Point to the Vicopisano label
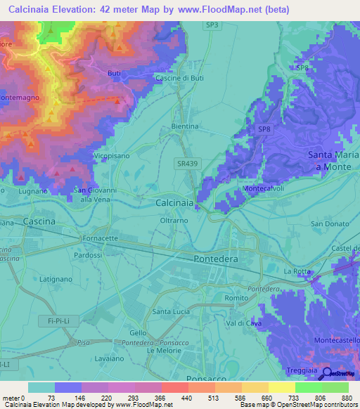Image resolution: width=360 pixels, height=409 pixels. (x=112, y=155)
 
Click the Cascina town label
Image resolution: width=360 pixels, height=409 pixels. (x=39, y=221)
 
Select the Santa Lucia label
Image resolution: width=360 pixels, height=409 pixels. (x=172, y=311)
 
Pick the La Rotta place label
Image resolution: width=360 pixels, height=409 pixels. (x=297, y=271)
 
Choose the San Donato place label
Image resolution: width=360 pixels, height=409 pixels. (x=326, y=224)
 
